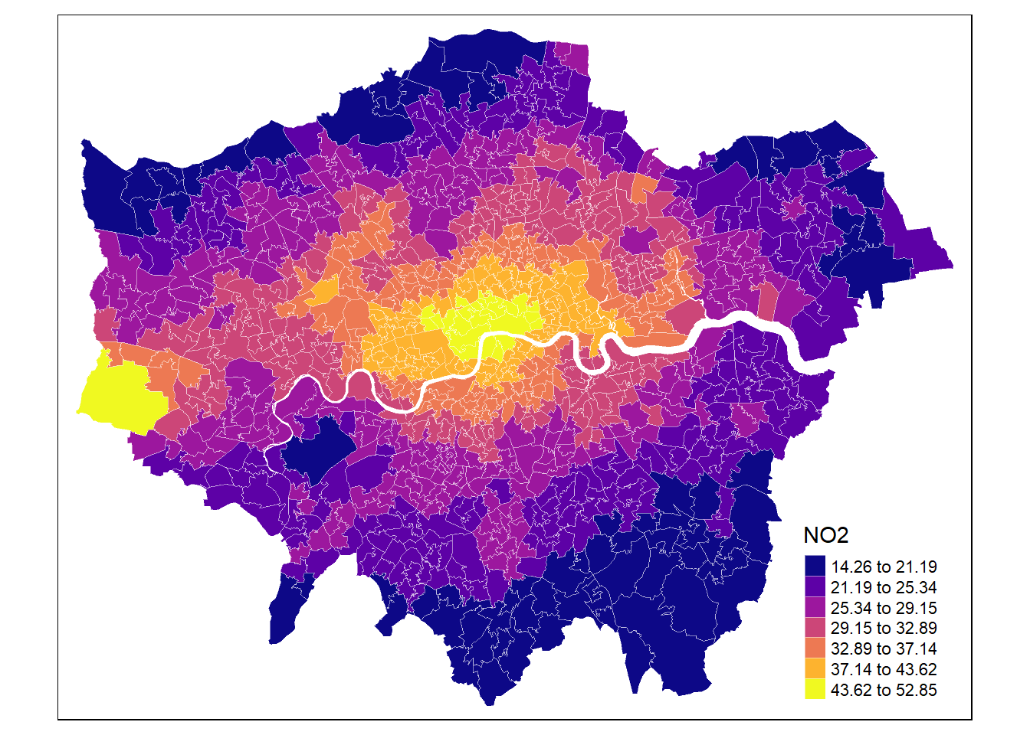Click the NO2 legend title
[x=825, y=536]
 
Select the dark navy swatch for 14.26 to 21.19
[x=815, y=567]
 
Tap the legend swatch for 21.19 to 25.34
[x=815, y=587]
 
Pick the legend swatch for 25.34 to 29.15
[x=815, y=608]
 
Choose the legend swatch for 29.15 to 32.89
[x=815, y=628]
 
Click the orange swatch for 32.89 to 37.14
[x=815, y=648]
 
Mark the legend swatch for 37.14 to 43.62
[x=815, y=669]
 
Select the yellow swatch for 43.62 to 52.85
[x=815, y=689]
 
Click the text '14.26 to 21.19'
[x=884, y=567]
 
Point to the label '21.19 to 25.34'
[x=884, y=588]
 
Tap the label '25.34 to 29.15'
[x=884, y=609]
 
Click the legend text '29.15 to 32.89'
[x=884, y=629]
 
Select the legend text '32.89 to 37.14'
[x=884, y=649]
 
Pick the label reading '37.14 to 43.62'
[x=884, y=670]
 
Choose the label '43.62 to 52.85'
[x=884, y=690]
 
